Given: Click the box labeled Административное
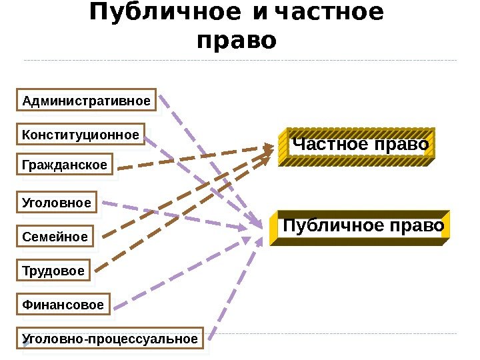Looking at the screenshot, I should (x=86, y=101).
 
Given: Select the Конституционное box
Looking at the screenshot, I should (x=81, y=136).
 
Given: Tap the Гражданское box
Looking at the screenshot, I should (x=65, y=165).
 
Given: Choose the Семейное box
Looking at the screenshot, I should (x=55, y=237).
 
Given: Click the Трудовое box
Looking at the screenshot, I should (x=54, y=271).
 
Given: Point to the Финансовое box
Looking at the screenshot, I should (x=63, y=305).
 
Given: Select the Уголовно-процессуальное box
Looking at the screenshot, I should (x=111, y=339).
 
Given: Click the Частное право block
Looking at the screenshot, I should (x=359, y=145).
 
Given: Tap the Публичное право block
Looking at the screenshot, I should (x=363, y=227).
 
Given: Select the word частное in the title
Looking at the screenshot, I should (x=328, y=13).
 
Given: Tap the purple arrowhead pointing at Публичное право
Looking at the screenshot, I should (x=257, y=225).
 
